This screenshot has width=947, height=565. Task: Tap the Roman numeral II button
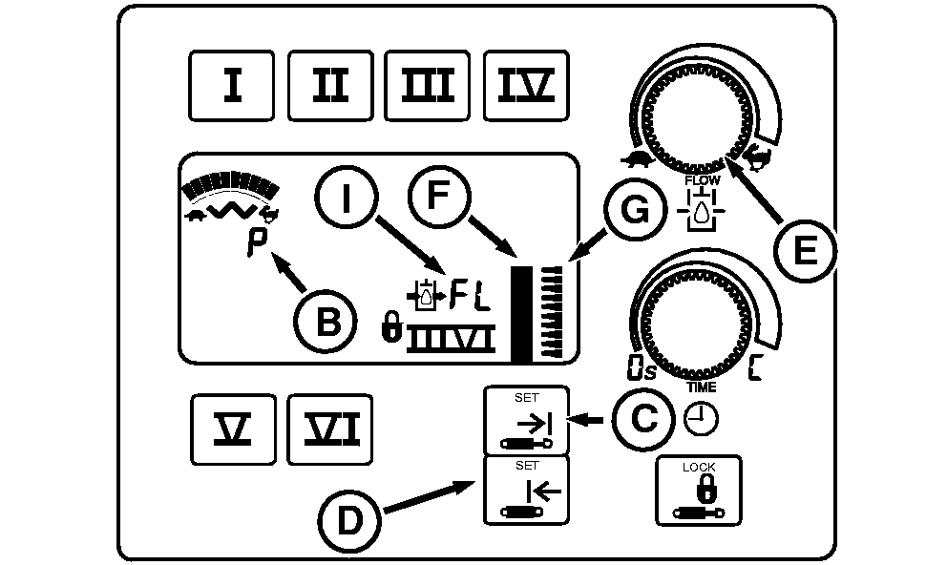coord(330,86)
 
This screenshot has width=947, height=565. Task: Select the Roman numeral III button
coord(428,86)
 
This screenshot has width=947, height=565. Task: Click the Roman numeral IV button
coord(526,86)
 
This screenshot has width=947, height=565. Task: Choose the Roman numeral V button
coord(233,429)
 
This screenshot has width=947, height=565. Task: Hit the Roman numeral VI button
coord(329,429)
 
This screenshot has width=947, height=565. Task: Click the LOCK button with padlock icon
coord(699,491)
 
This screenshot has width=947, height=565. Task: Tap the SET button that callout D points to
coord(527,491)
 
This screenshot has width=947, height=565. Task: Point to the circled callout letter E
coord(805,250)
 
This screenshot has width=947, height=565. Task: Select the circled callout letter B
coord(326,321)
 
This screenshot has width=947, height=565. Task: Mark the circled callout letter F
coord(438,196)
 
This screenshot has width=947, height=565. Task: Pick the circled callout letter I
coord(347,197)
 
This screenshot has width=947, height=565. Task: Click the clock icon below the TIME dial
coord(702,419)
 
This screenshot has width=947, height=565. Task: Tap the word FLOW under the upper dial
coord(703,180)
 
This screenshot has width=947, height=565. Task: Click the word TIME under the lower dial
coord(702,387)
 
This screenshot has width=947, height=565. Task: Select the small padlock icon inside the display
coord(392,326)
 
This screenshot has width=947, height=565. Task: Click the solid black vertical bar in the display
coord(522,314)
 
